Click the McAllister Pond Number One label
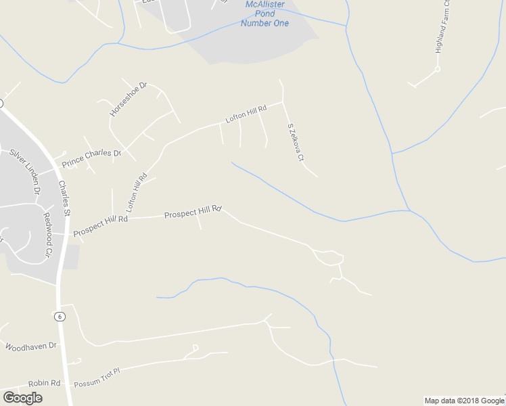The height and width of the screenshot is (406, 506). coord(264,14)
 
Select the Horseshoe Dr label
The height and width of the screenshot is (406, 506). coord(129,99)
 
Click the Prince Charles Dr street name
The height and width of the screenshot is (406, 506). coord(91,158)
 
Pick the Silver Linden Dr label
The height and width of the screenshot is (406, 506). coord(25,172)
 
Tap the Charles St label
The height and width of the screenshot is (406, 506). coord(64,198)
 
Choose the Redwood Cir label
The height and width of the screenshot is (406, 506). coord(48,234)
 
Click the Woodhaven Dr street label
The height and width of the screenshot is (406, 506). coord(31,346)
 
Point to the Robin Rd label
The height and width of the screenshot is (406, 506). coord(44,383)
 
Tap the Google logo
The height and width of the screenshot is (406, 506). coord(22,397)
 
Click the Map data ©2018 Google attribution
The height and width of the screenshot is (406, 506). coord(464,401)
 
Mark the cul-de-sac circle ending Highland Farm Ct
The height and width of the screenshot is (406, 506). coord(438,69)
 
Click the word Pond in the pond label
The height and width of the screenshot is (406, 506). coord(264,14)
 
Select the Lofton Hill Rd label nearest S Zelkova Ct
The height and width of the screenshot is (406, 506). coord(245,113)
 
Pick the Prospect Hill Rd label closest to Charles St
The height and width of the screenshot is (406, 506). coord(100,225)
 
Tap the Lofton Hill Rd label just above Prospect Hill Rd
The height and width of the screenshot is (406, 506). coord(137,194)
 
